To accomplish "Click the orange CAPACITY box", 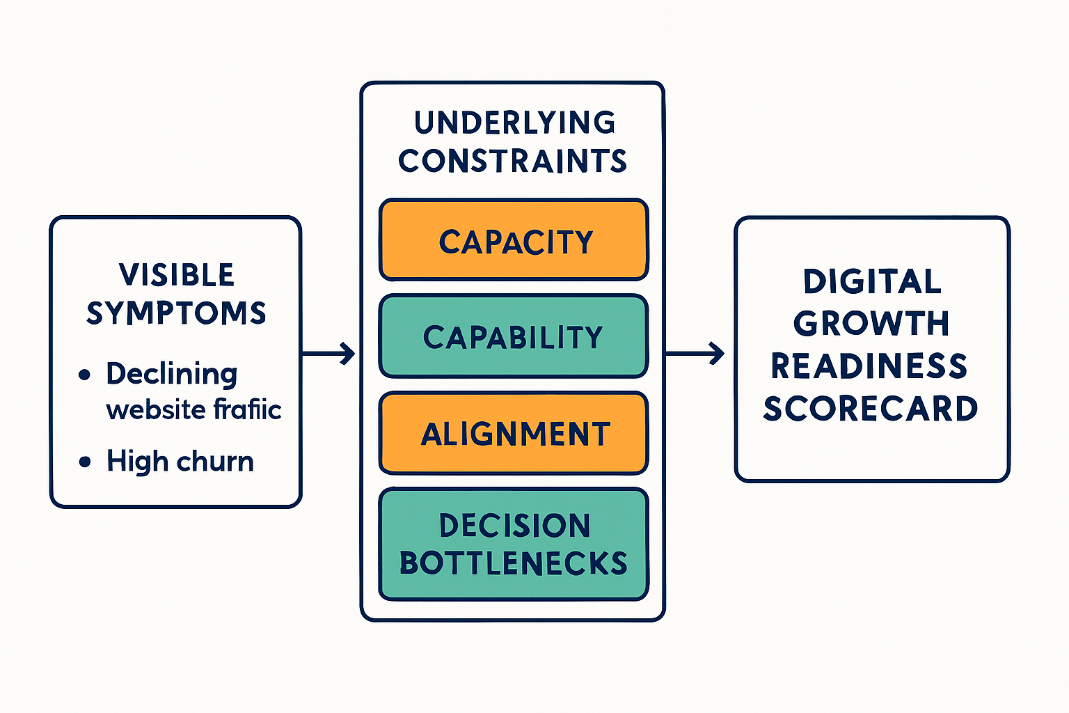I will pyautogui.click(x=514, y=240).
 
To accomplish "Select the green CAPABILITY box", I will pyautogui.click(x=514, y=336).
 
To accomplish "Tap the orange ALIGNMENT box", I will pyautogui.click(x=514, y=433).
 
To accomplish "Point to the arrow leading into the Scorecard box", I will pyautogui.click(x=696, y=354).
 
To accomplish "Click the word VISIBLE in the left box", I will pyautogui.click(x=177, y=275).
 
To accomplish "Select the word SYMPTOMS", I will pyautogui.click(x=177, y=313).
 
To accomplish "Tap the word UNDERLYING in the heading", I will pyautogui.click(x=514, y=123).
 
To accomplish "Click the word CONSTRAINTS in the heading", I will pyautogui.click(x=513, y=161).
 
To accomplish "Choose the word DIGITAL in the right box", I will pyautogui.click(x=872, y=282).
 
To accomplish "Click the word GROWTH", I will pyautogui.click(x=871, y=324).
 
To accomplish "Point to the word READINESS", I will pyautogui.click(x=869, y=366).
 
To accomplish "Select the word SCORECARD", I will pyautogui.click(x=871, y=409).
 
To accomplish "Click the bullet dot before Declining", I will pyautogui.click(x=85, y=375).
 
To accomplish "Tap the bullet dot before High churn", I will pyautogui.click(x=85, y=462).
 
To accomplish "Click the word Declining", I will pyautogui.click(x=172, y=375).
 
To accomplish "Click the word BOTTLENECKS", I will pyautogui.click(x=514, y=563).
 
